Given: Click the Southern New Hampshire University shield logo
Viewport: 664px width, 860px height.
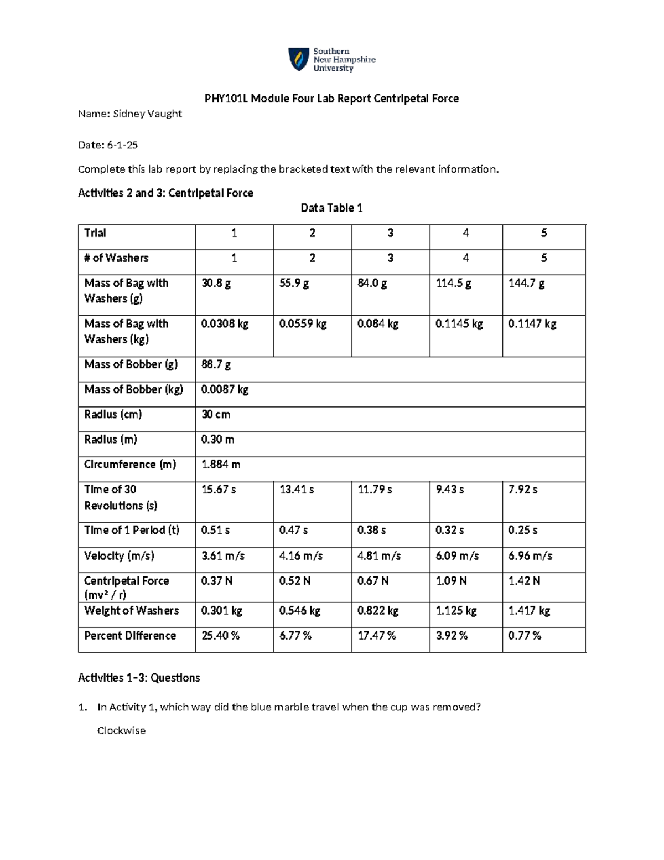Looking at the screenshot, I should [298, 59].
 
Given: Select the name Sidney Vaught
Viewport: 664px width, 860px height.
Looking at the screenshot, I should [147, 114].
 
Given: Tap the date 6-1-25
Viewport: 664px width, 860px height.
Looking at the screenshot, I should [122, 145].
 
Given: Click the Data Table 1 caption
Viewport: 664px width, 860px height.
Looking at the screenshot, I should [331, 208].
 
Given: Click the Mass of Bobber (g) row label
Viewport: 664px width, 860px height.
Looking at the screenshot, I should [131, 364].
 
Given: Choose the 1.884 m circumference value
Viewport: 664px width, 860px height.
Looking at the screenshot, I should [221, 465].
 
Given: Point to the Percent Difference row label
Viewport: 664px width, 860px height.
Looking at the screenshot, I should [130, 636].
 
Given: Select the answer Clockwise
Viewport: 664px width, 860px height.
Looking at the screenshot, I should [121, 731].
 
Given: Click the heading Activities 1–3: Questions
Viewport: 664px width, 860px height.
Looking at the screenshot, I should [139, 678].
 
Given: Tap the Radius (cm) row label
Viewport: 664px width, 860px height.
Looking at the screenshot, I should [113, 415].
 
